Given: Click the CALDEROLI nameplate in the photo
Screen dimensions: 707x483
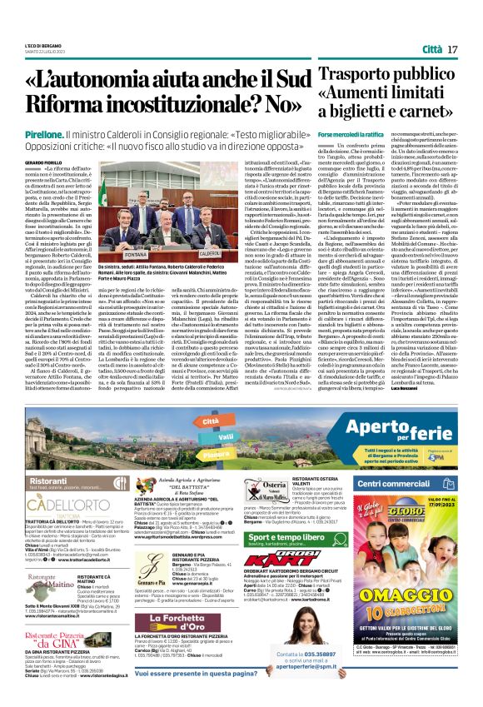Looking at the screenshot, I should click(210, 251).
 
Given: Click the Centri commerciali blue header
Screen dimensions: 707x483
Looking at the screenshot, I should click(415, 483).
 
